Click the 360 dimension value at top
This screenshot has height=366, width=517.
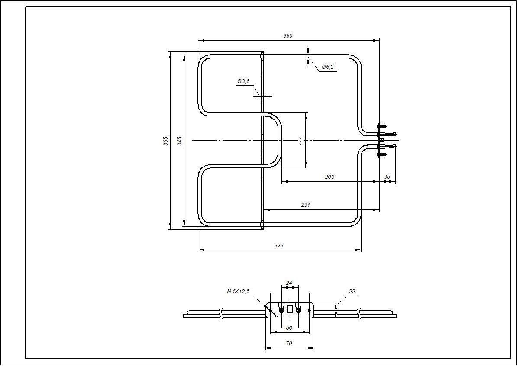point(288,36)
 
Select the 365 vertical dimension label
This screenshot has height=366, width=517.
point(166,141)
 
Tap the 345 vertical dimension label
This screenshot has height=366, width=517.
point(180,141)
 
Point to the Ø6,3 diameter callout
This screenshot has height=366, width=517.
point(328,67)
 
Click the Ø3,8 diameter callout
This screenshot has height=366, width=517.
point(243,81)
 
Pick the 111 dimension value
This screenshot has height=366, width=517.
point(301,141)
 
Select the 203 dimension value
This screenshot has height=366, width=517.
point(329,177)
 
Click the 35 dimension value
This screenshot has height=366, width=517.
point(387,177)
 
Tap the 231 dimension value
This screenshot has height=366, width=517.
point(306,205)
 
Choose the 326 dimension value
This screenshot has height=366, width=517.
point(279,246)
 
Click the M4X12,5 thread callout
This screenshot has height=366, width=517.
point(238,292)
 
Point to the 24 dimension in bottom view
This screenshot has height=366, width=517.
point(289,283)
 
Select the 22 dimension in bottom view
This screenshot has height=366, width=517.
point(352,292)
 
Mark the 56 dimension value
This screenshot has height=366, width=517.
point(289,328)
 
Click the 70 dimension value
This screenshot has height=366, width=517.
point(289,344)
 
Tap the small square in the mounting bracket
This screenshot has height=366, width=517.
point(290,309)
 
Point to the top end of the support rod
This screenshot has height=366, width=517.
point(262,55)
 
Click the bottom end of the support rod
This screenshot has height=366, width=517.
point(262,225)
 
